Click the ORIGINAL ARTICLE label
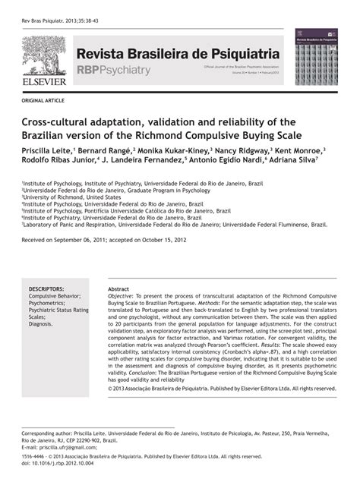43,100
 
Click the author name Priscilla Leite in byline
47,151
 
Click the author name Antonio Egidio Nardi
234,162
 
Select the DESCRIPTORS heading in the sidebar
46,289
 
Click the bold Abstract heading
118,289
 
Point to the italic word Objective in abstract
123,297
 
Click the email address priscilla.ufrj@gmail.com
63,446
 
